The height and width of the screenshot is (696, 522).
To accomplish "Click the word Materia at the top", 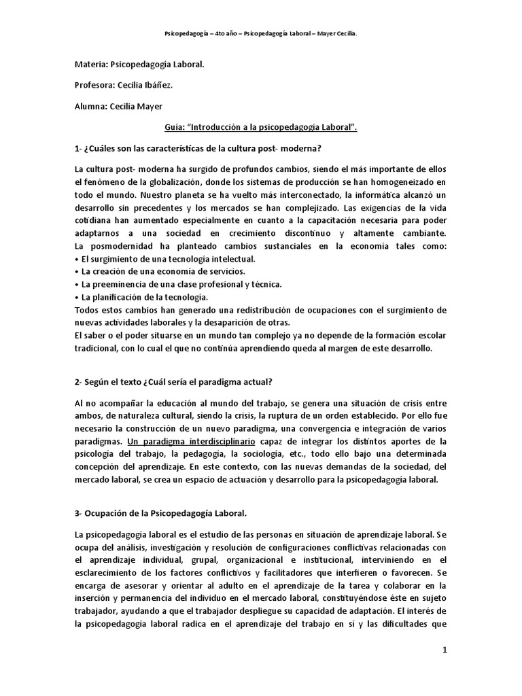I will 90,67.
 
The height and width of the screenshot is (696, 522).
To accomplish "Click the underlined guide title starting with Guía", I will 260,126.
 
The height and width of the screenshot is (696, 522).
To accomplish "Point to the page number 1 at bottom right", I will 445,650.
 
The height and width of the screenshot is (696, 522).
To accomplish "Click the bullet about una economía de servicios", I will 154,272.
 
